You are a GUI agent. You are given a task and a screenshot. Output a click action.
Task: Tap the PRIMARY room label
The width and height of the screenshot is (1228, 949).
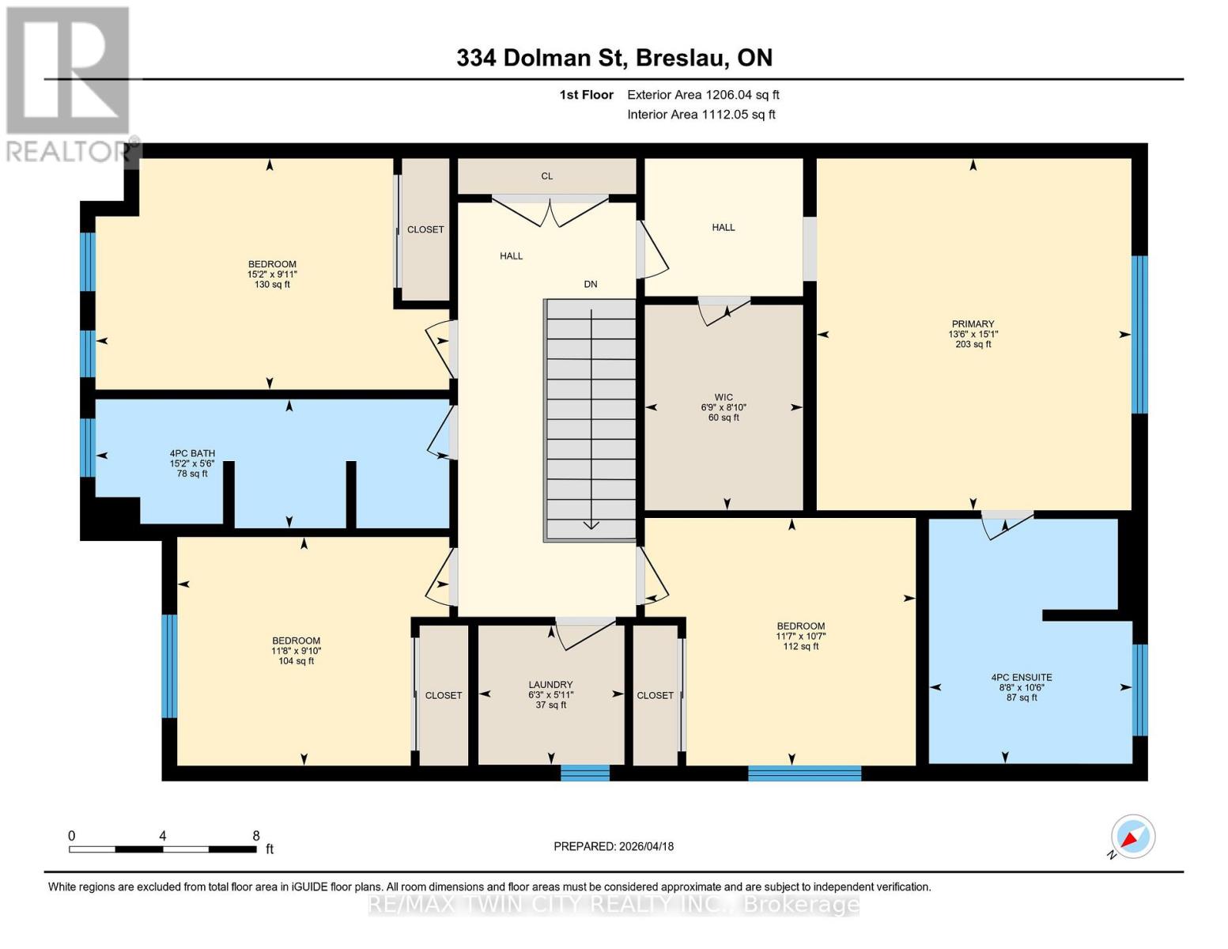point(973,324)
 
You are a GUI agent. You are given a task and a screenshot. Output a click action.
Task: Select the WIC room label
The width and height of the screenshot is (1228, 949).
point(723,398)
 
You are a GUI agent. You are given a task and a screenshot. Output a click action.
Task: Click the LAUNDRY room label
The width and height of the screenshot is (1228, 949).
point(550,685)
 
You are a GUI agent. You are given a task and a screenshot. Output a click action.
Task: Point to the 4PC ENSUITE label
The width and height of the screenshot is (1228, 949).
point(1021,678)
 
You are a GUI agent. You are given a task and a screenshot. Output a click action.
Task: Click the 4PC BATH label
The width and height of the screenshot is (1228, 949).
point(191,454)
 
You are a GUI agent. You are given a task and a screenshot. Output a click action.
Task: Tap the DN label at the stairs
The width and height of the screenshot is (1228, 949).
point(590,284)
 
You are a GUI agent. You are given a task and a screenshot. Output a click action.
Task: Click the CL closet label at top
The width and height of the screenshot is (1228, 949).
point(546,176)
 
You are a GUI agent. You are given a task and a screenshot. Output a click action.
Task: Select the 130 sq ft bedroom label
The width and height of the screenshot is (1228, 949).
point(272,274)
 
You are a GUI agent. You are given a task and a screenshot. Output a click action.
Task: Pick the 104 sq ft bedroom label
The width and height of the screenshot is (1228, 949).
point(296,651)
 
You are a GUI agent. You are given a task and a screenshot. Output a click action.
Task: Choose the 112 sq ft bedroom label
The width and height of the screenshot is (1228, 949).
point(800,636)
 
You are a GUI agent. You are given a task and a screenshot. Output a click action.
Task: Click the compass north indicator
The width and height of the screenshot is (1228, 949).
point(1132,837)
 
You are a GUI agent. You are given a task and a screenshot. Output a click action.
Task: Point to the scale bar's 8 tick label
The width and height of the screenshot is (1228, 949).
point(255,836)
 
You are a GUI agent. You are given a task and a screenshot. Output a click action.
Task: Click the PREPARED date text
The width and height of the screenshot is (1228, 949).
point(614,846)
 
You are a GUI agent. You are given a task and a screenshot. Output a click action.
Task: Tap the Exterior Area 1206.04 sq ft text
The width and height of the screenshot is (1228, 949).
point(703,95)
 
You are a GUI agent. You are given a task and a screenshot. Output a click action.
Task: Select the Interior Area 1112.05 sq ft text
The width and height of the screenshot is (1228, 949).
point(701,115)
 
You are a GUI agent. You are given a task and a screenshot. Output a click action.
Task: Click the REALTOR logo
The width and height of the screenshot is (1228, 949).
point(70,83)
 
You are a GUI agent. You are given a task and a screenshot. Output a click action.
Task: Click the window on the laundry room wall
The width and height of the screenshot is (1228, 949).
point(585,773)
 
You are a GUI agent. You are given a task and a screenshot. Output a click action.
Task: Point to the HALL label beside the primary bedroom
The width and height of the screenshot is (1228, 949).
point(723,228)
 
